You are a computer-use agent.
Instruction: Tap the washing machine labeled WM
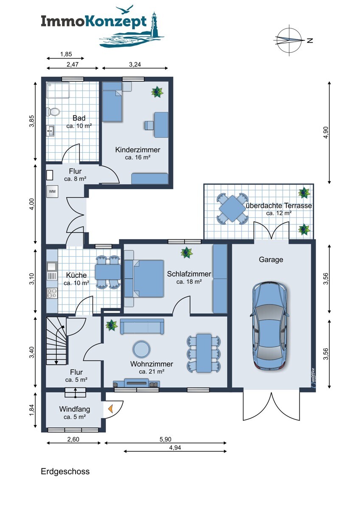pos(52,191)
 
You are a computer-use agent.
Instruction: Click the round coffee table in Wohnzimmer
pos(141,349)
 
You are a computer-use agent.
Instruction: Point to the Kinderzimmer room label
pos(138,150)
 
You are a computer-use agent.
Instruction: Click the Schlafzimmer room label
pos(189,274)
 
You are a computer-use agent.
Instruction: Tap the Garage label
pos(271,260)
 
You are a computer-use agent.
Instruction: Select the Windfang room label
pos(75,409)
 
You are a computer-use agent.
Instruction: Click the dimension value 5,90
pos(165,439)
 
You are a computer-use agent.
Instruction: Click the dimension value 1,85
pos(66,54)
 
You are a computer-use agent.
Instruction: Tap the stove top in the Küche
pos(52,293)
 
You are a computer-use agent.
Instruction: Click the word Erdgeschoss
pos(65,472)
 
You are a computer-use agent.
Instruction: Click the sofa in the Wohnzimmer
pos(142,326)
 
